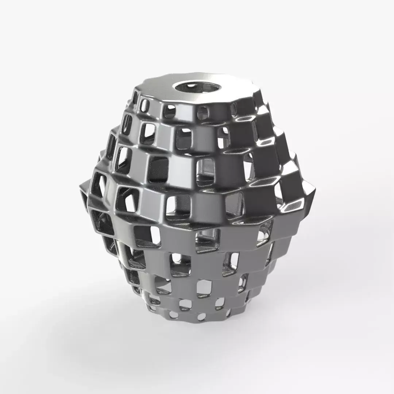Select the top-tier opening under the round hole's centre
click(x=203, y=113)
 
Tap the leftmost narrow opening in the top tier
click(x=135, y=98)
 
